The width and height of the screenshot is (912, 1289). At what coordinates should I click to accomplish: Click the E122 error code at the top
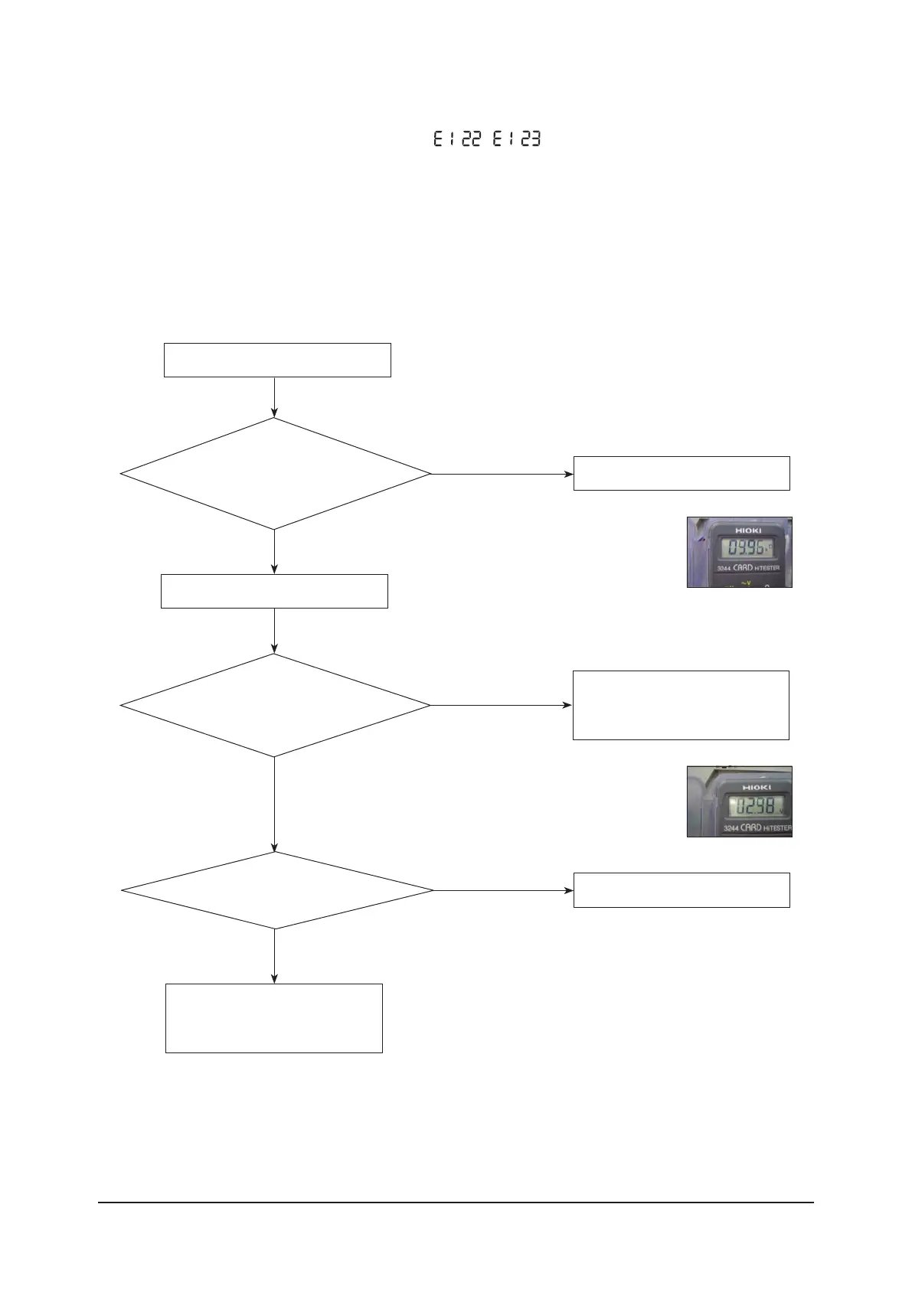(x=457, y=139)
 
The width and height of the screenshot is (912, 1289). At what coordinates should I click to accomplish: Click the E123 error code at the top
(x=516, y=139)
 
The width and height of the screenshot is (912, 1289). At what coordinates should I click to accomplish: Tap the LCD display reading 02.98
(x=755, y=805)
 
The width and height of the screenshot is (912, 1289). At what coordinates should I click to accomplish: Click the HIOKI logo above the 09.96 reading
(x=748, y=530)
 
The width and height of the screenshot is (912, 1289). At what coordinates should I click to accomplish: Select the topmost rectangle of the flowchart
(x=277, y=360)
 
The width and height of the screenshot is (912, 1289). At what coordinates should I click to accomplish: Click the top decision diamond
(x=275, y=474)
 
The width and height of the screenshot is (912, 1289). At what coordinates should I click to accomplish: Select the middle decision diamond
(x=275, y=705)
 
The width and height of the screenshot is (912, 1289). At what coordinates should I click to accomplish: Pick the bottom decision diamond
(x=276, y=890)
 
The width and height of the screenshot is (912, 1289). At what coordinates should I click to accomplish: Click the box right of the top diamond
(x=682, y=473)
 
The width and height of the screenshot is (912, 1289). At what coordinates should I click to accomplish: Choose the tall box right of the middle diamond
(x=681, y=705)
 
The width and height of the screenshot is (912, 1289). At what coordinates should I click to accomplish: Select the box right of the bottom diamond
(x=682, y=889)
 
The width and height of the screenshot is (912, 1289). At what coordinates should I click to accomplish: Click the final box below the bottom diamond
(x=274, y=1018)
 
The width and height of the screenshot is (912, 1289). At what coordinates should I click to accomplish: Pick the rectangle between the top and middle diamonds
(x=274, y=591)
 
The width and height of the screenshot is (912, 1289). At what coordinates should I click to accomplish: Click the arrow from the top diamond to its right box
(x=502, y=474)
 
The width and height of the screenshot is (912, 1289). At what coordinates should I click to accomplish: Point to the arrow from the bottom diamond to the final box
(x=274, y=956)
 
